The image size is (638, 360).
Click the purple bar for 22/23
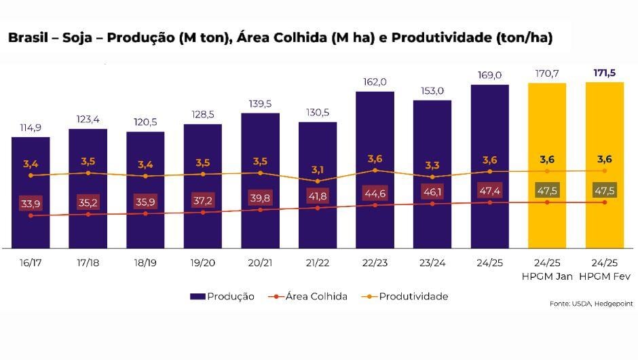click(x=375, y=136)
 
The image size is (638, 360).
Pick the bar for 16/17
click(x=31, y=156)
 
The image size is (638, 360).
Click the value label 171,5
click(x=604, y=73)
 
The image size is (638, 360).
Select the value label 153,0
click(x=432, y=90)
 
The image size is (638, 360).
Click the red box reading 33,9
click(x=31, y=203)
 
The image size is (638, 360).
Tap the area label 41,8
click(x=318, y=196)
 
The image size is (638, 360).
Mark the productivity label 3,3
click(x=432, y=164)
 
